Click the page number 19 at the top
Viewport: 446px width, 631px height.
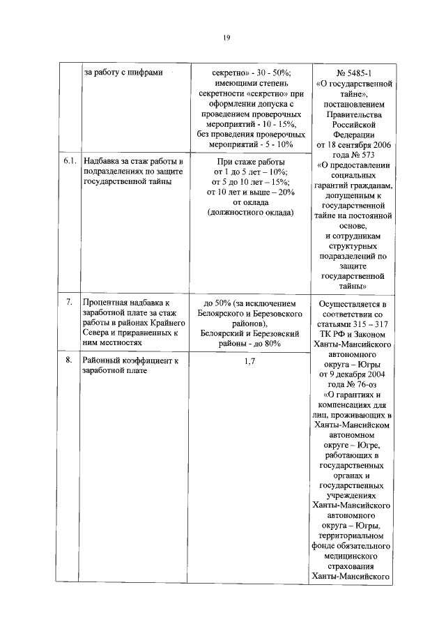coord(226,38)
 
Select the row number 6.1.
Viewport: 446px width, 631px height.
coord(69,161)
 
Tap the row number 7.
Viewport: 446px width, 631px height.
coord(69,303)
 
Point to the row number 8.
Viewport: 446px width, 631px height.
coord(69,360)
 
